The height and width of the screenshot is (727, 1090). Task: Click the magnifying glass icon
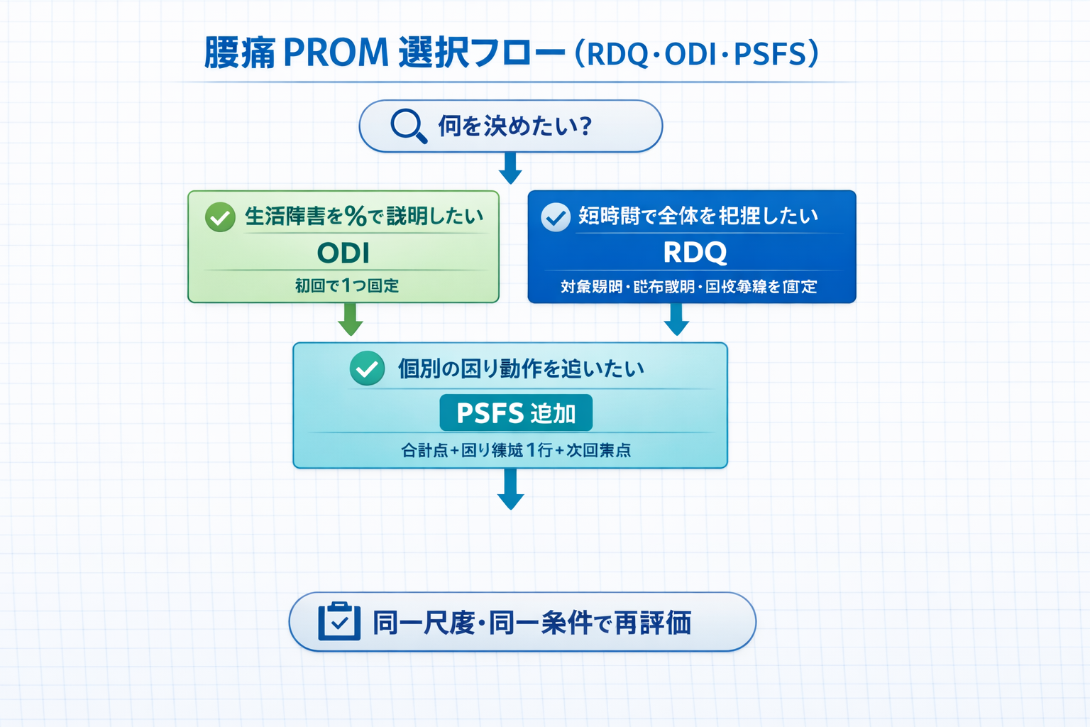click(x=408, y=126)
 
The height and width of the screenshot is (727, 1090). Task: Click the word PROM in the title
click(x=336, y=53)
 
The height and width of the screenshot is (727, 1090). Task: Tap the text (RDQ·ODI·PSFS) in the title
click(x=696, y=54)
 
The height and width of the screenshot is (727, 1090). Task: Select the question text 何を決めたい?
click(x=514, y=126)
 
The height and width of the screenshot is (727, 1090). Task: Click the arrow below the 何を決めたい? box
click(x=510, y=168)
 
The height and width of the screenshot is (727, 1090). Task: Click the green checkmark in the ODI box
click(x=220, y=217)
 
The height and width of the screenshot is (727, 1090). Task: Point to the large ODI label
click(x=343, y=253)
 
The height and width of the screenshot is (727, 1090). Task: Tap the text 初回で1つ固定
click(x=347, y=285)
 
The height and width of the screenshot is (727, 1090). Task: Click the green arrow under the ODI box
click(x=351, y=319)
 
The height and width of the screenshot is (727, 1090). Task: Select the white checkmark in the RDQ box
click(x=556, y=217)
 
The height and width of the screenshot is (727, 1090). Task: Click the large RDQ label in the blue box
click(x=695, y=252)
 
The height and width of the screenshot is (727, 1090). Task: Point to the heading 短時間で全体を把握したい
click(x=698, y=216)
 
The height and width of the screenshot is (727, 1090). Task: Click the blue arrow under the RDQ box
click(x=676, y=319)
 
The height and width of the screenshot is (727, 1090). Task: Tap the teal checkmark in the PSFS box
click(x=367, y=368)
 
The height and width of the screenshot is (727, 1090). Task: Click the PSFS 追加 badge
click(x=516, y=412)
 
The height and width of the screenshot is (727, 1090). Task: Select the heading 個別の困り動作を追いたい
click(x=521, y=368)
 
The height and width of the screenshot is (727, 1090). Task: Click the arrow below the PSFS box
click(x=510, y=490)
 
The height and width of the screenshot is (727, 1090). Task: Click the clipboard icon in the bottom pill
click(x=339, y=622)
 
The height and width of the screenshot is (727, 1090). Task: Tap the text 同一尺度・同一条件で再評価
click(x=532, y=623)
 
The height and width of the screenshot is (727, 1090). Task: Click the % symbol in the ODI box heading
click(x=356, y=217)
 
